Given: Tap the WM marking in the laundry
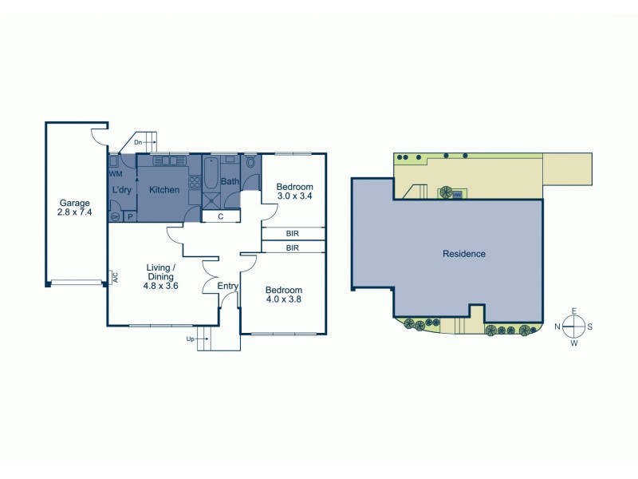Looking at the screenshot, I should click(x=115, y=173).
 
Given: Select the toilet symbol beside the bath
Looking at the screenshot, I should click(x=251, y=164).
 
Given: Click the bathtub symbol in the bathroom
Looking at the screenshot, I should click(x=211, y=173).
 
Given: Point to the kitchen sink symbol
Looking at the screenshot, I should click(x=168, y=162).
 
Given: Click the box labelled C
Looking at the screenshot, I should click(x=219, y=216).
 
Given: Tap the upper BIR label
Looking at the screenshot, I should click(x=293, y=234).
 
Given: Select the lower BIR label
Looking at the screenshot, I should click(x=293, y=248).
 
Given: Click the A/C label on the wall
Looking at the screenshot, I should click(x=115, y=279).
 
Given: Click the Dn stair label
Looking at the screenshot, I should click(x=138, y=143).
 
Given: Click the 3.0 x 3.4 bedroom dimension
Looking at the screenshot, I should click(x=295, y=195).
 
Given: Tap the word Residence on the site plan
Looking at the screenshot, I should click(x=463, y=254).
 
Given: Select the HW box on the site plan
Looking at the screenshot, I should click(x=457, y=194).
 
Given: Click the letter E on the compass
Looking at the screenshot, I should click(x=573, y=312).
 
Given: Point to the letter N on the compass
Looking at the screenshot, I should click(x=557, y=326).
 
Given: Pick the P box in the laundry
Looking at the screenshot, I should click(x=129, y=216).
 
